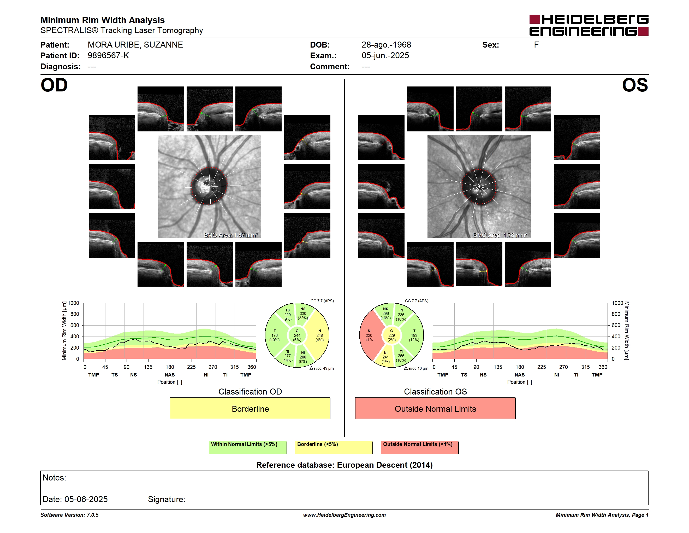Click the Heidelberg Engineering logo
click(589, 25)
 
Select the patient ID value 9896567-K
click(108, 56)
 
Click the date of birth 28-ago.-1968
click(386, 45)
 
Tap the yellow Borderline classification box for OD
click(250, 408)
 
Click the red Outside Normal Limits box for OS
click(435, 408)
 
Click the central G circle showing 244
click(297, 335)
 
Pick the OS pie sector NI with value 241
click(385, 357)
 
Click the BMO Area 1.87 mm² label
click(231, 235)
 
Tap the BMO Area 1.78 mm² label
click(500, 235)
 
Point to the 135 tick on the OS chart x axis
click(498, 367)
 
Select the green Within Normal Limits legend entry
click(248, 447)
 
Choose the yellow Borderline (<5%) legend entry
click(334, 447)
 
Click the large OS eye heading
click(635, 85)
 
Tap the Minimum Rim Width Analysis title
click(103, 20)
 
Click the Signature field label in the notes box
click(167, 499)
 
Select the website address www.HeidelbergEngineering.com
click(344, 515)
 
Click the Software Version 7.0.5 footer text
click(69, 515)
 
